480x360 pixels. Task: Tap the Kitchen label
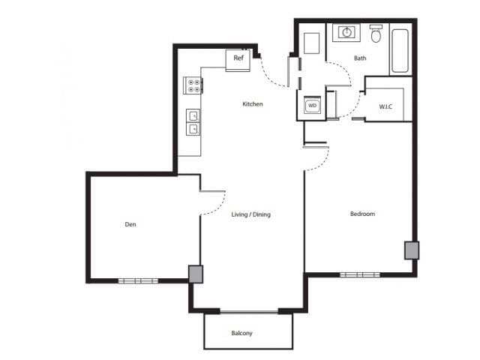click(x=253, y=104)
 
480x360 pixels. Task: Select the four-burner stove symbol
click(x=193, y=86)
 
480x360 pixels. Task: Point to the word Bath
click(x=360, y=58)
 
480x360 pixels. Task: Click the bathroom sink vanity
click(x=347, y=32)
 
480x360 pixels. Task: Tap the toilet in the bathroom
click(x=376, y=34)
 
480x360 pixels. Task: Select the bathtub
click(x=400, y=50)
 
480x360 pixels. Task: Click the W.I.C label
click(x=385, y=106)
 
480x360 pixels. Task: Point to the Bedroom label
click(x=362, y=214)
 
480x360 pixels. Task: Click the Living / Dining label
click(x=250, y=214)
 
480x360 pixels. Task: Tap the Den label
click(x=130, y=223)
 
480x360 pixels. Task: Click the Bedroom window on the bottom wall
click(x=360, y=274)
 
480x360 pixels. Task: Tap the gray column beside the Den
click(x=195, y=274)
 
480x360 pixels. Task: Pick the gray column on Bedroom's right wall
click(x=411, y=250)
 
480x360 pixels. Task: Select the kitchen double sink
click(x=193, y=122)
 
